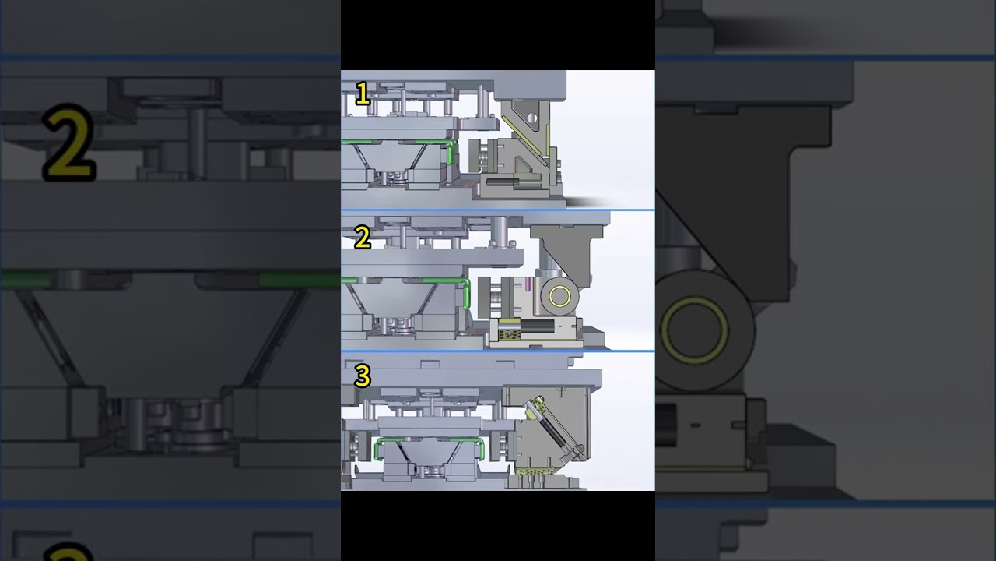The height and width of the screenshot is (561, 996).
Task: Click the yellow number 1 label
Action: click(363, 94)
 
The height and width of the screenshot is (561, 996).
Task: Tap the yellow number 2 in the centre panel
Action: click(363, 238)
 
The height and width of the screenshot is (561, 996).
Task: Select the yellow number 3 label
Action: click(363, 376)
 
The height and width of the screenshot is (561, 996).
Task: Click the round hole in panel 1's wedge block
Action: click(531, 118)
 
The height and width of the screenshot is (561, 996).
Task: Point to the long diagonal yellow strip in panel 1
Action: click(523, 136)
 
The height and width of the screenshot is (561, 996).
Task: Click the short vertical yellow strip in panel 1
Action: click(548, 140)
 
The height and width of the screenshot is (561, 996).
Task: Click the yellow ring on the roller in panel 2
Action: click(559, 296)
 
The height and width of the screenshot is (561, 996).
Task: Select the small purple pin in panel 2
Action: click(528, 284)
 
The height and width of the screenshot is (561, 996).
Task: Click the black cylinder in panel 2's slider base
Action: click(537, 326)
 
